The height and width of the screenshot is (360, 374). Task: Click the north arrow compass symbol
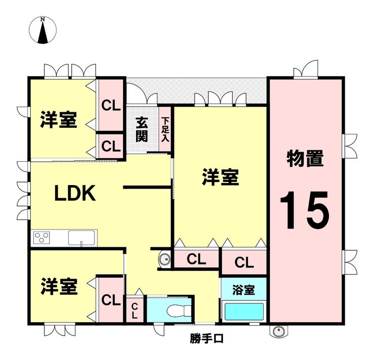point(42,30)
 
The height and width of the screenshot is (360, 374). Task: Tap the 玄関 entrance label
point(142,129)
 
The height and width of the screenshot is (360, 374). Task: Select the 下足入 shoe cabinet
point(165,129)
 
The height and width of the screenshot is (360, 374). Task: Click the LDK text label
point(75,193)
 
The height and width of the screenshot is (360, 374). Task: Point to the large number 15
point(305,210)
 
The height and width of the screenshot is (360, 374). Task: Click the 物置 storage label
point(305,158)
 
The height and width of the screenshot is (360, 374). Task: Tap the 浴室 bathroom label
point(244,290)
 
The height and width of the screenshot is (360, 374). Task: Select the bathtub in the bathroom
point(245,312)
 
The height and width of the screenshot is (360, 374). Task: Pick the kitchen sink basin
point(81,238)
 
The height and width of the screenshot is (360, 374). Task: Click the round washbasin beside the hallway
point(165,259)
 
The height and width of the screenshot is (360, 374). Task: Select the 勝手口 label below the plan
point(207,339)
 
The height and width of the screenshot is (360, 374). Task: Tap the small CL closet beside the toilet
point(135,310)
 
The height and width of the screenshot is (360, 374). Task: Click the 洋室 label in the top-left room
point(59,119)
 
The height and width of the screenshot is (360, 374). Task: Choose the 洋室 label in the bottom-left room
point(59,286)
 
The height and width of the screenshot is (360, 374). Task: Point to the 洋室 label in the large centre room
point(220,177)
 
